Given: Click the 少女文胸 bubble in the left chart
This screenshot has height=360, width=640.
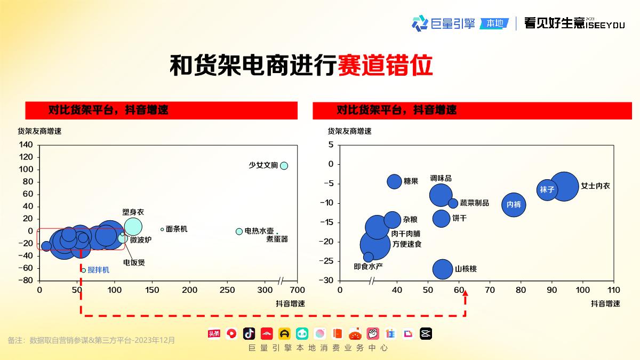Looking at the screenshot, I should tap(284, 165).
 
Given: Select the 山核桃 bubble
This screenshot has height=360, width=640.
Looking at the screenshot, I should tap(443, 269).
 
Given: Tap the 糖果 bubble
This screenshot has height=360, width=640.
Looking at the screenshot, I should tap(394, 181).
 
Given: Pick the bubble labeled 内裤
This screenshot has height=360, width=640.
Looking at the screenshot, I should tap(514, 204).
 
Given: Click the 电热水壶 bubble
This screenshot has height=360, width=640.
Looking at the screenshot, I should tap(239, 231).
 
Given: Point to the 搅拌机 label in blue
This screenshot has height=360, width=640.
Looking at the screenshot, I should tap(99, 270).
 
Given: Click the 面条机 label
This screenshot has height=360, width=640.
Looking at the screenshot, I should tap(177, 229).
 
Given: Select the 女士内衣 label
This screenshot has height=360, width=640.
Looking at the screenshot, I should tap(595, 186).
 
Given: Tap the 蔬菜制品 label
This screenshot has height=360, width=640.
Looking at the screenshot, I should tap(474, 203).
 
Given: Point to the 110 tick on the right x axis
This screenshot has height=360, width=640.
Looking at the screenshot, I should tap(614, 290).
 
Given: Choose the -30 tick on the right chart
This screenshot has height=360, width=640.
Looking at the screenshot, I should tap(327, 281).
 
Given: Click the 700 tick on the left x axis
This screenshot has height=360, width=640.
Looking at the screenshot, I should tap(297, 290).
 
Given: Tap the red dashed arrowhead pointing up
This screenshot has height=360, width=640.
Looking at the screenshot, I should tap(465, 294).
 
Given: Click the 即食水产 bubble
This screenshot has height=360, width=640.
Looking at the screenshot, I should tap(368, 257).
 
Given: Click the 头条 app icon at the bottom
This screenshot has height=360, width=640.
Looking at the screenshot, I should tap(214, 334).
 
